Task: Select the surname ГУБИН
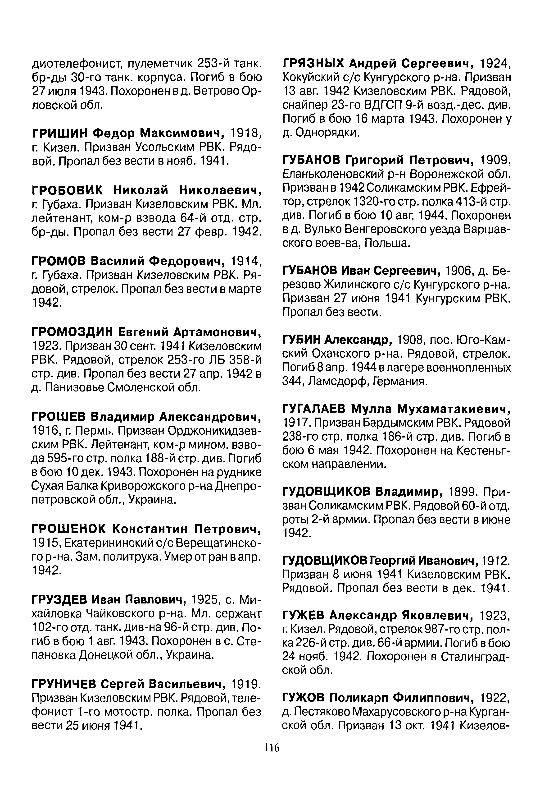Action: click(300, 340)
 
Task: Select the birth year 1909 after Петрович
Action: click(495, 160)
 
